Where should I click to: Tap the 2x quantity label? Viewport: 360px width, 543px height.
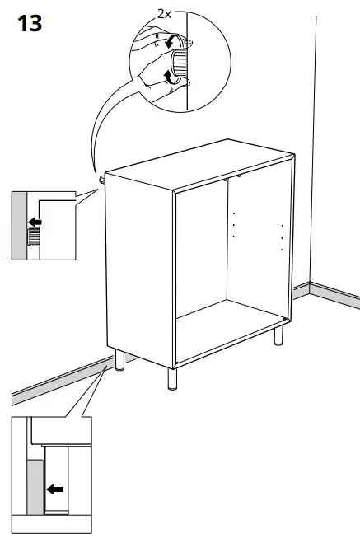(x=165, y=14)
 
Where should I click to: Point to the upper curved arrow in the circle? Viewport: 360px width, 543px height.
(x=171, y=40)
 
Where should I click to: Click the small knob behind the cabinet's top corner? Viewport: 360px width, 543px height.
(x=102, y=176)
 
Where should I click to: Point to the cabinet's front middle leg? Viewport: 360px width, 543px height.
(x=172, y=377)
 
